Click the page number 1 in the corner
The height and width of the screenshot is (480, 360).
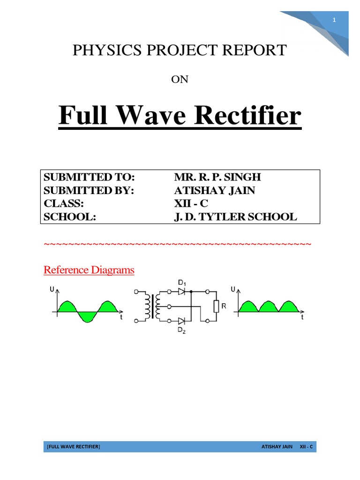[x=334, y=20]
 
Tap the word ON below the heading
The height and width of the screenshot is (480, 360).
[x=180, y=79]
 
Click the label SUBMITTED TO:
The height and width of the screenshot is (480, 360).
[x=89, y=177]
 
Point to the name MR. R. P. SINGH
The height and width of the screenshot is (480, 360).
[x=217, y=177]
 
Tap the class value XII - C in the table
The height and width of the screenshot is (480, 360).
[x=191, y=203]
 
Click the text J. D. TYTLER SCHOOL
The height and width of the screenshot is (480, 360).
[x=235, y=217]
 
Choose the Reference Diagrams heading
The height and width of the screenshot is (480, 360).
[x=89, y=270]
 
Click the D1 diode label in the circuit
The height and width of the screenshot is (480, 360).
[x=182, y=283]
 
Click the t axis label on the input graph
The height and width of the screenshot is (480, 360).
[x=121, y=317]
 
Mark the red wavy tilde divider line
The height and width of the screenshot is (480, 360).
[x=177, y=245]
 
